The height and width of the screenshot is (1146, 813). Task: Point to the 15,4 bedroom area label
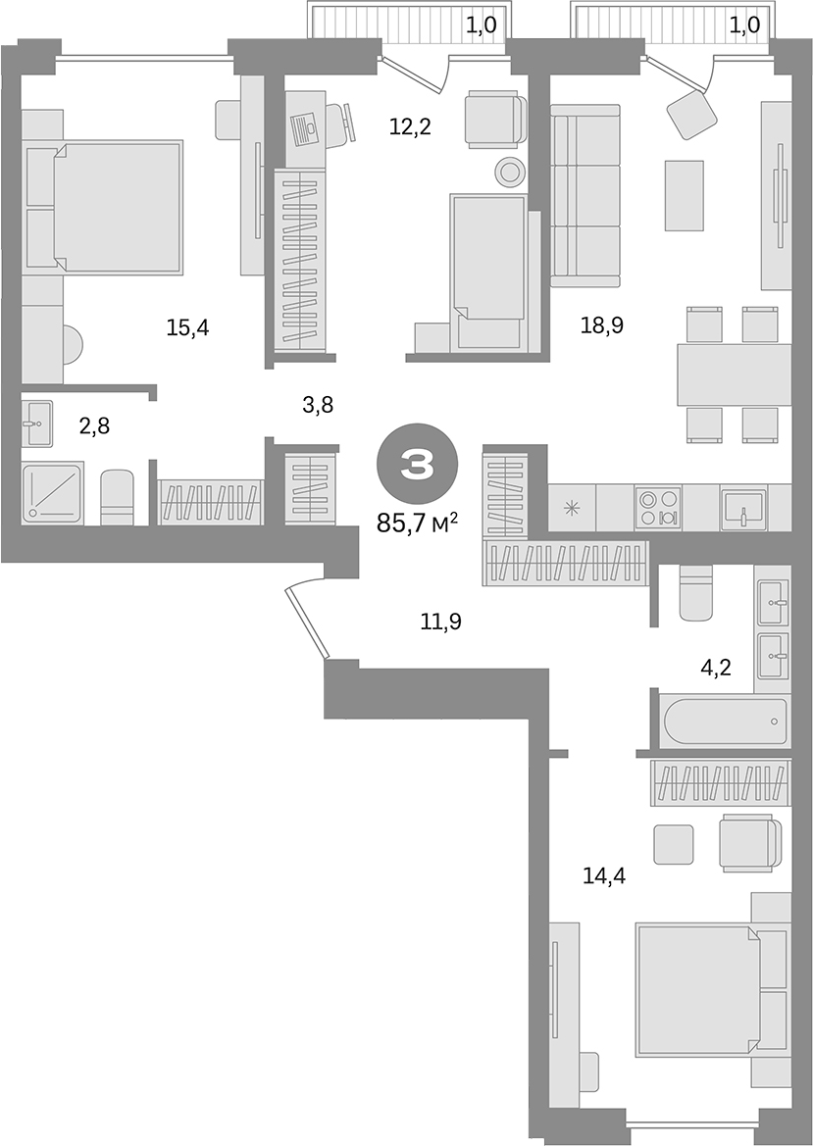tap(187, 327)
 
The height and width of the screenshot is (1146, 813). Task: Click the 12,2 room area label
tap(410, 125)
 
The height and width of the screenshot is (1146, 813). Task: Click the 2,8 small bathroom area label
tap(95, 425)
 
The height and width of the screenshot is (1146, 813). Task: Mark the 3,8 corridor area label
tap(318, 404)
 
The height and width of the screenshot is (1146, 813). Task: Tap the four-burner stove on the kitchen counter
tap(657, 507)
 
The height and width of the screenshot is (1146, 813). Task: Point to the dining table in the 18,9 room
tap(733, 374)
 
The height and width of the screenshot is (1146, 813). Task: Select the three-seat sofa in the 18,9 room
tap(586, 195)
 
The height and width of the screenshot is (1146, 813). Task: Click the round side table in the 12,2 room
tap(510, 173)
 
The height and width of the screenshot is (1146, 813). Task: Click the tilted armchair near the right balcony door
tap(691, 114)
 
